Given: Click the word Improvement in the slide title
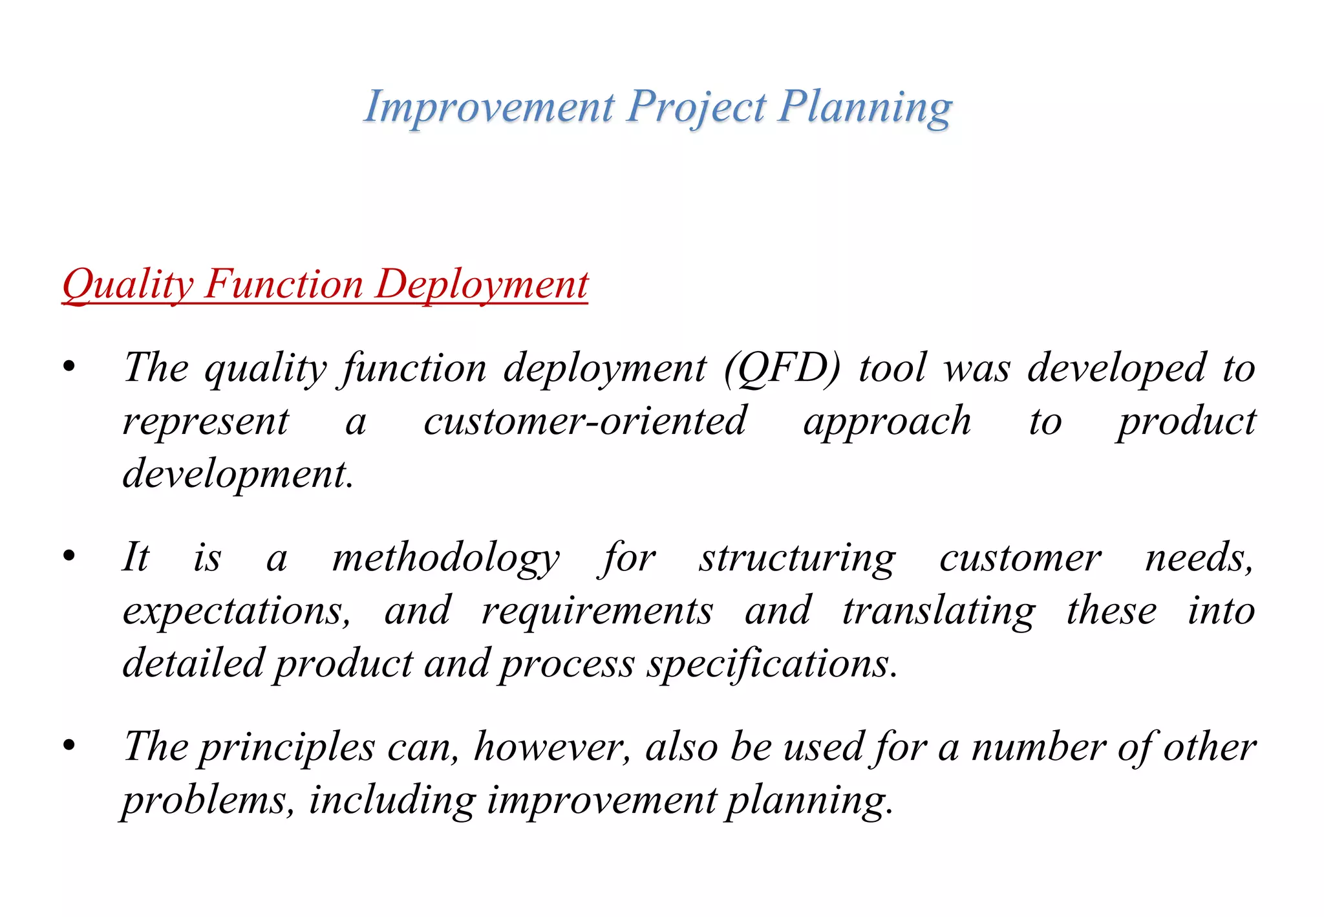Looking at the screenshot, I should point(489,107).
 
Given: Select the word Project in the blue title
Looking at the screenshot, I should point(697,107).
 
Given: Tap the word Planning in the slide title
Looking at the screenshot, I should point(865,107).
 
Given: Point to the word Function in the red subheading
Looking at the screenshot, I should point(284,285).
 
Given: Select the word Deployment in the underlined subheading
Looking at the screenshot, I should point(482,285).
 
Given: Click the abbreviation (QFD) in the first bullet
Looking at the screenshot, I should point(782,369).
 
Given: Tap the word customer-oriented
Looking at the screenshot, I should point(585,422).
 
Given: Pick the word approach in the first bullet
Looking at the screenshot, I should point(887,422).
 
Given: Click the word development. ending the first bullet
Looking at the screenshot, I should point(238,474).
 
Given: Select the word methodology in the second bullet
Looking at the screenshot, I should point(445,557).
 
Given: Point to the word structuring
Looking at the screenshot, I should point(797,557).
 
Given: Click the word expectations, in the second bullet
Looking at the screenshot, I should point(237,610).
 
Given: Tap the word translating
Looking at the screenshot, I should point(939,610).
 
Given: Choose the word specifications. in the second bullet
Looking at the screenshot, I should point(773,663).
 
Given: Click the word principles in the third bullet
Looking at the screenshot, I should point(286,748).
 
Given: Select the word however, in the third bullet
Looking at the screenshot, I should point(552,748).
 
